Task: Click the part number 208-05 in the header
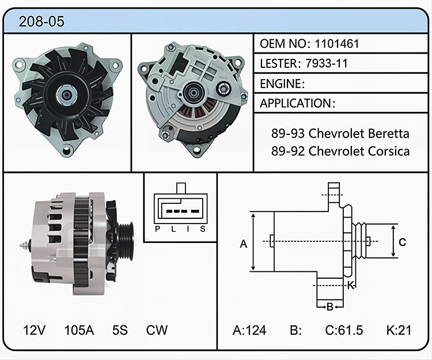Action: [x=41, y=21]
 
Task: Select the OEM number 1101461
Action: [x=337, y=44]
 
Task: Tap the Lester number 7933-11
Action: [x=327, y=63]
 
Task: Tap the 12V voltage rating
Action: [x=34, y=330]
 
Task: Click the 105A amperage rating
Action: [x=79, y=330]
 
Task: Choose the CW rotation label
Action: [x=157, y=330]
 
